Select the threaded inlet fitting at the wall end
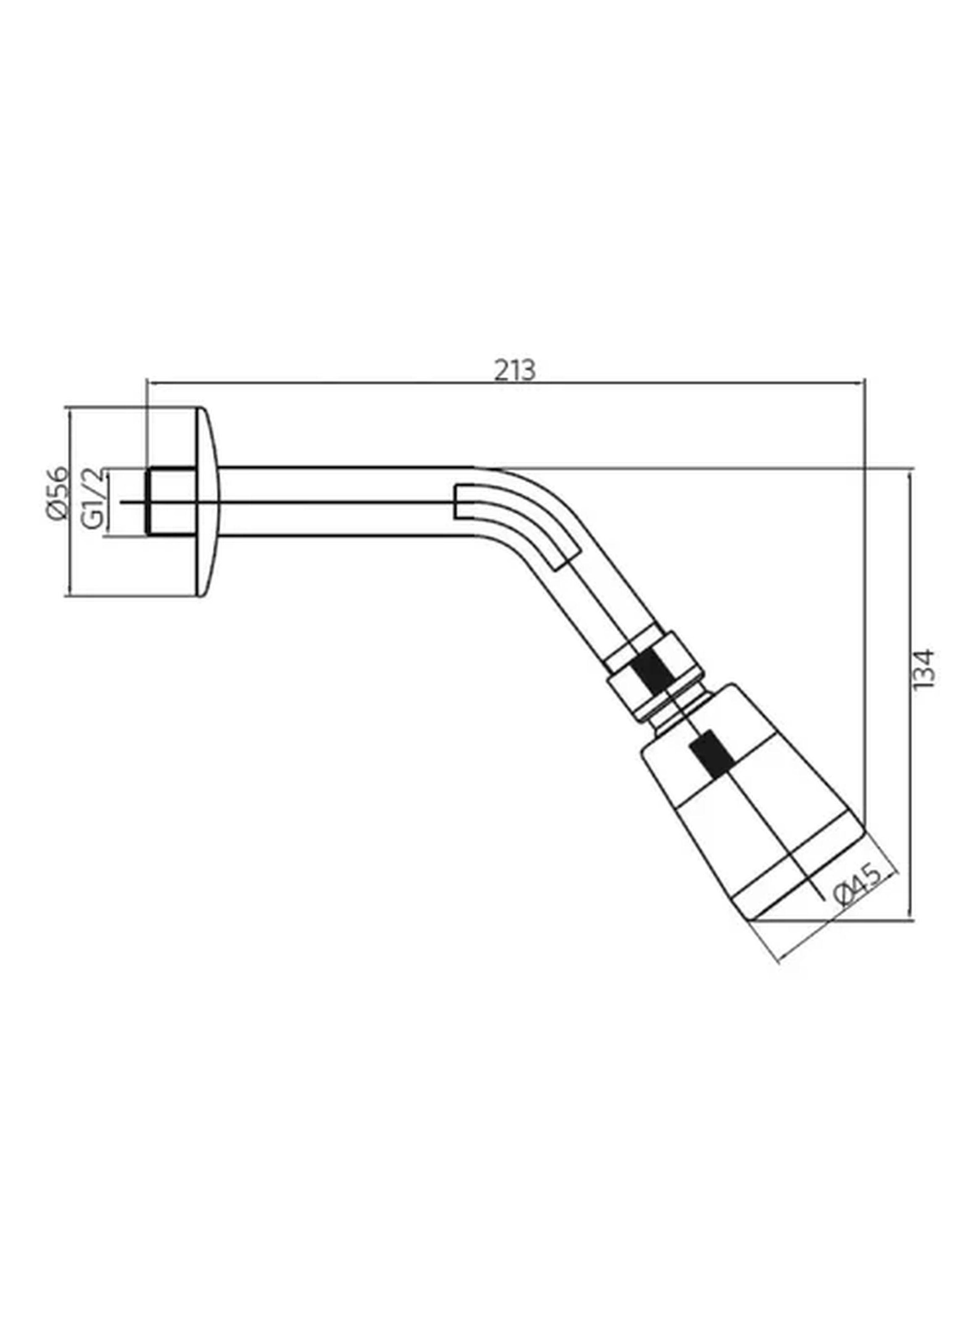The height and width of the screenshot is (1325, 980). (170, 501)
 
